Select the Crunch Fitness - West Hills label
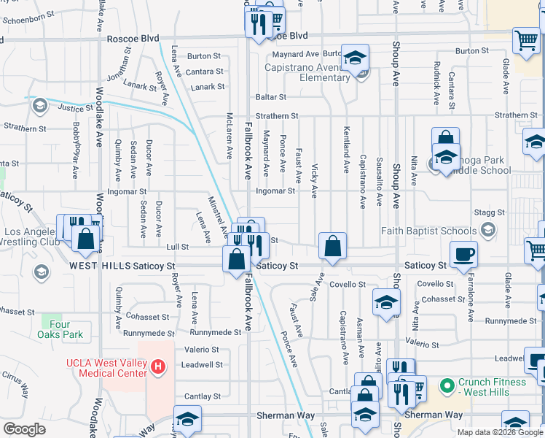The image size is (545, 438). coord(493,388)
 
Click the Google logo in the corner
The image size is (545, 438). coord(25,429)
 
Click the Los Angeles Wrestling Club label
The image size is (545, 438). coord(29,237)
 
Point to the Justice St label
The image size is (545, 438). coord(75,107)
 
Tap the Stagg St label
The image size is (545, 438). coord(490,212)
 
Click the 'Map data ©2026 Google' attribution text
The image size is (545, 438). coord(500,432)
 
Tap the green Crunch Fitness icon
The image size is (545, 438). coord(446,383)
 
